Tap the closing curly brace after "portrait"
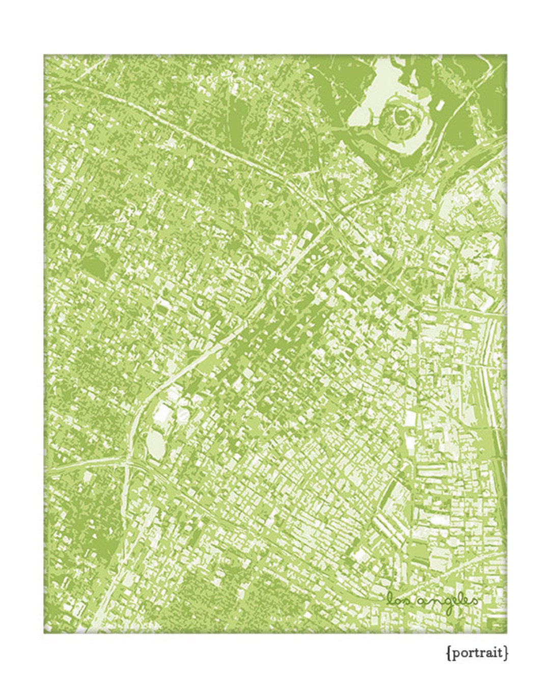pyautogui.click(x=506, y=652)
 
